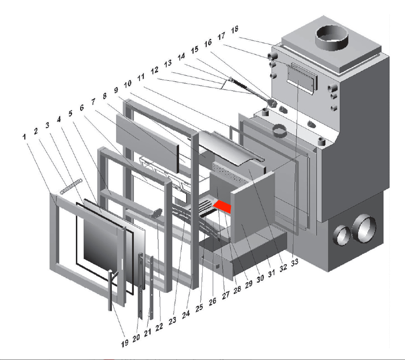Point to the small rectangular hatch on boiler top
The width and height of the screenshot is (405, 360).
pyautogui.click(x=302, y=75)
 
